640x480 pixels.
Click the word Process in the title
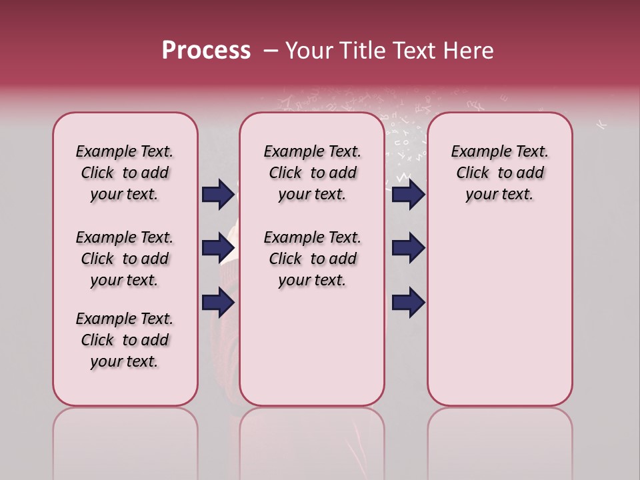click(x=206, y=51)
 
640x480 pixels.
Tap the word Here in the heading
click(x=469, y=51)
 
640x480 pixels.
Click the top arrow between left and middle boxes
click(x=218, y=194)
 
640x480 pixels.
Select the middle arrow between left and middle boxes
click(x=218, y=248)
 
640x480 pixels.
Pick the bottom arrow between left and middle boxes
click(x=218, y=302)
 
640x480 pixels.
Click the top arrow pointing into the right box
click(x=408, y=194)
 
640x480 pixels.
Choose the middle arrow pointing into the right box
click(x=408, y=248)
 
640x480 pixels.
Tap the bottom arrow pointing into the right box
click(x=408, y=302)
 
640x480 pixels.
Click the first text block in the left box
click(x=125, y=173)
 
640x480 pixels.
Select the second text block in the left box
click(x=125, y=259)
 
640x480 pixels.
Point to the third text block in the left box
click(x=125, y=340)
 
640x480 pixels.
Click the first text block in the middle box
click(x=312, y=173)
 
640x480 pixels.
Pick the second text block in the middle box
click(x=312, y=259)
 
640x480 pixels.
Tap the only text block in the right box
click(x=499, y=173)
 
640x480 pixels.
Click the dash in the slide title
click(x=271, y=51)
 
